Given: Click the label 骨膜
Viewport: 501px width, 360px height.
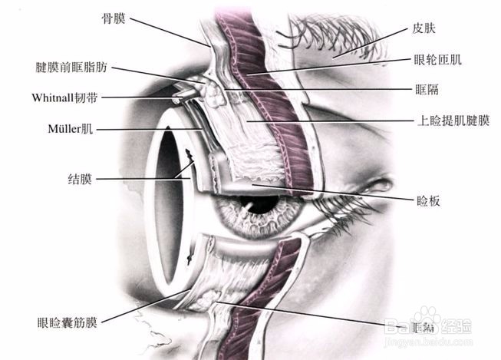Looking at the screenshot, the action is [115, 15].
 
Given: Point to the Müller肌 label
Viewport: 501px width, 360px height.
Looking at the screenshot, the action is [67, 129].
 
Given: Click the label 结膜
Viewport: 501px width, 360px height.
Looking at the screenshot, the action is [80, 179].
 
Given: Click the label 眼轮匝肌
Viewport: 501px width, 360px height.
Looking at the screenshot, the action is [438, 58].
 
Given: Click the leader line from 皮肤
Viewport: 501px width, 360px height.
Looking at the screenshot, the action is [368, 44].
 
